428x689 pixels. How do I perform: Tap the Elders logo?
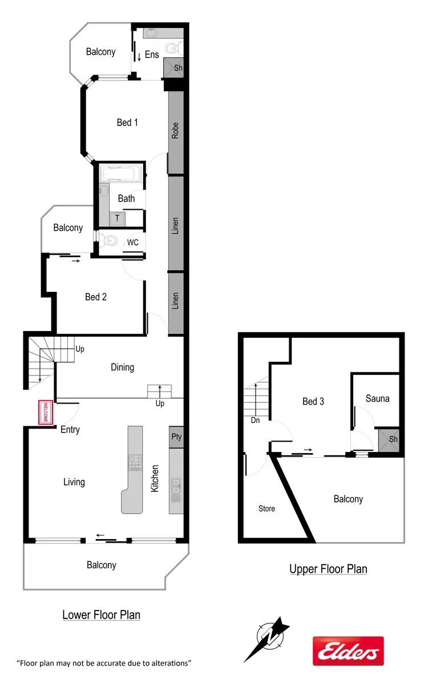pos(348,651)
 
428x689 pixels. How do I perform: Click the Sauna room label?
pos(377,398)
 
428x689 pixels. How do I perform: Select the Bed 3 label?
pos(313,401)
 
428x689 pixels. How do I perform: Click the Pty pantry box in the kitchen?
pos(176,437)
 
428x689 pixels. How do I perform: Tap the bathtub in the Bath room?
pos(120,174)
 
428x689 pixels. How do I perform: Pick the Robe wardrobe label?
pos(175,131)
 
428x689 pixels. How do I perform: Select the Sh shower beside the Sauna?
pos(393,439)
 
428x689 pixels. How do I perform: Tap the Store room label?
pos(267,508)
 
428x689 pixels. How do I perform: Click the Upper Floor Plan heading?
pos(328,569)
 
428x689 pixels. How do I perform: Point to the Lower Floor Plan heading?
pos(101,615)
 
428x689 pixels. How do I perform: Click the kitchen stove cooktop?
pos(135,462)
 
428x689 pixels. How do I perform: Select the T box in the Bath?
pos(118,218)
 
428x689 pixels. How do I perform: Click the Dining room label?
pos(122,367)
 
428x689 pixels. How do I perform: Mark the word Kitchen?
pos(155,479)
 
